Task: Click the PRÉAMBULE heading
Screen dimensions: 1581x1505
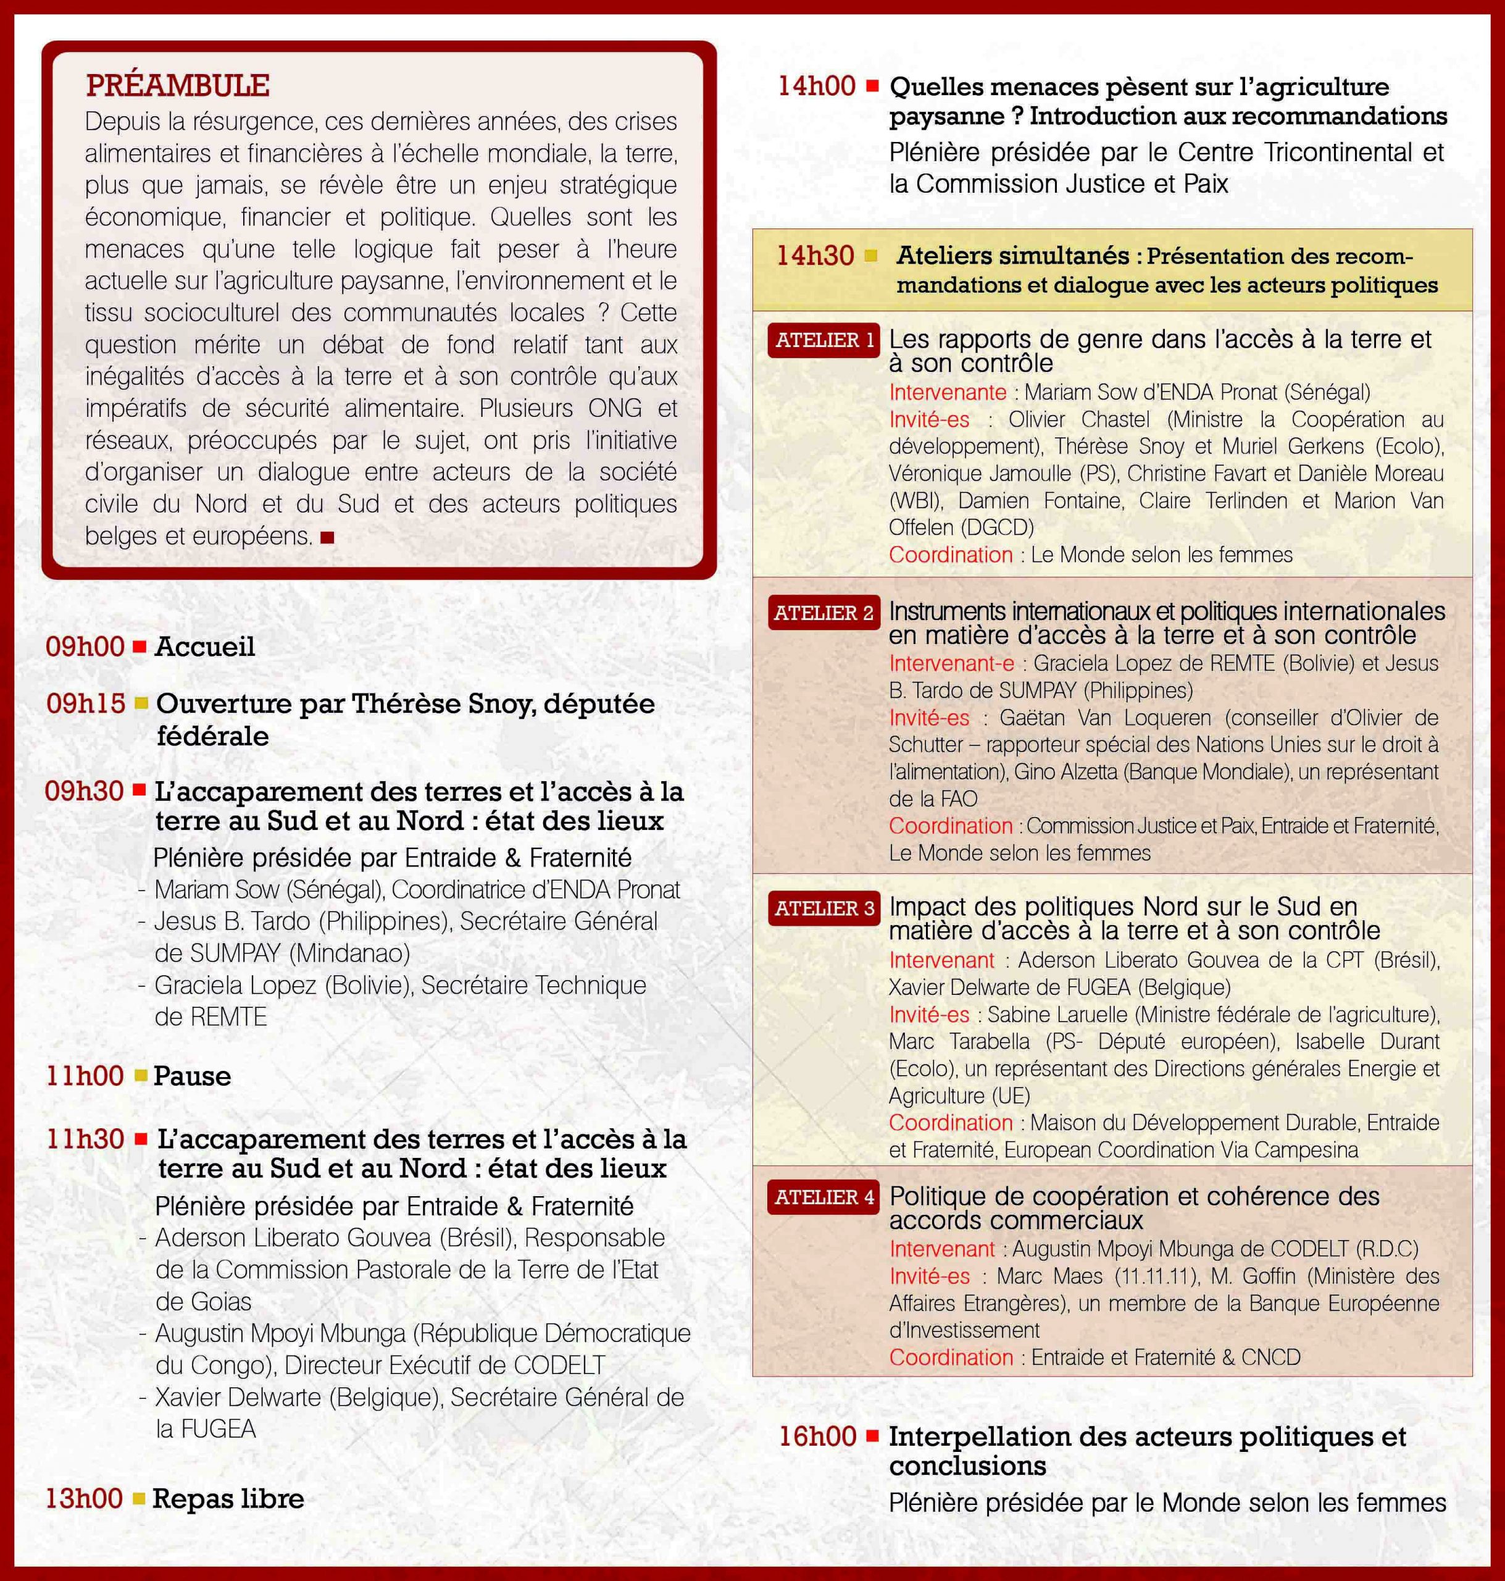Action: click(x=177, y=85)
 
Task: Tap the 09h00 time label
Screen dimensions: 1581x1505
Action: click(x=84, y=647)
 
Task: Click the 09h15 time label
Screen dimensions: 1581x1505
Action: click(x=85, y=704)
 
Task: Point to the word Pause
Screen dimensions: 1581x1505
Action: click(x=192, y=1076)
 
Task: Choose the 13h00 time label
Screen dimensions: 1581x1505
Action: click(x=83, y=1498)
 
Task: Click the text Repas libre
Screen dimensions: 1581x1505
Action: click(x=228, y=1498)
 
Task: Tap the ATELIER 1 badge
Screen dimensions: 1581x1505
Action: click(x=824, y=340)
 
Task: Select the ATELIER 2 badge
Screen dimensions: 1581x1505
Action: click(x=824, y=613)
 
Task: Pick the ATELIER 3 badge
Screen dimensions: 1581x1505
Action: click(x=824, y=908)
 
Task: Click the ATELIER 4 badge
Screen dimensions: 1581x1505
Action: click(x=824, y=1197)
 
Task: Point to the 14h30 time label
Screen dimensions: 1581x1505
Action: click(x=815, y=256)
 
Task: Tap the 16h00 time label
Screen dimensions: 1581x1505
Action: click(x=817, y=1436)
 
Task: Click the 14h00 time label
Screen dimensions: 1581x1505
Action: click(x=817, y=86)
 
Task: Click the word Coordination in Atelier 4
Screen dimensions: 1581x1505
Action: click(x=951, y=1357)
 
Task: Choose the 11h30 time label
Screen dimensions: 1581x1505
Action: click(x=85, y=1139)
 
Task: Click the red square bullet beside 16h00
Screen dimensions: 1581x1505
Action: click(x=872, y=1436)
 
